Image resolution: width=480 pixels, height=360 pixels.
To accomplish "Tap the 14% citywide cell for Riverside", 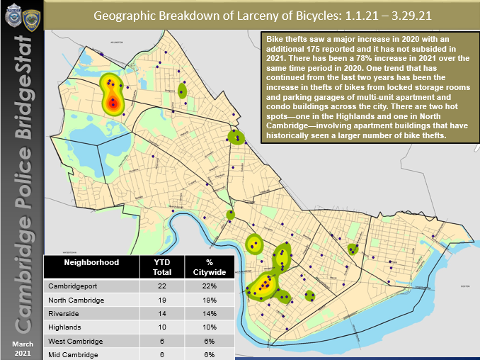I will [209, 313].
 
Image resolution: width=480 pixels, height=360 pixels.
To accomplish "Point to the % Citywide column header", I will [209, 267].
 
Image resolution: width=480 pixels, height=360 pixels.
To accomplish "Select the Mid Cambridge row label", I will [74, 353].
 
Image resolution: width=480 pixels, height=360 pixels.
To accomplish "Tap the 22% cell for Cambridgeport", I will [209, 286].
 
